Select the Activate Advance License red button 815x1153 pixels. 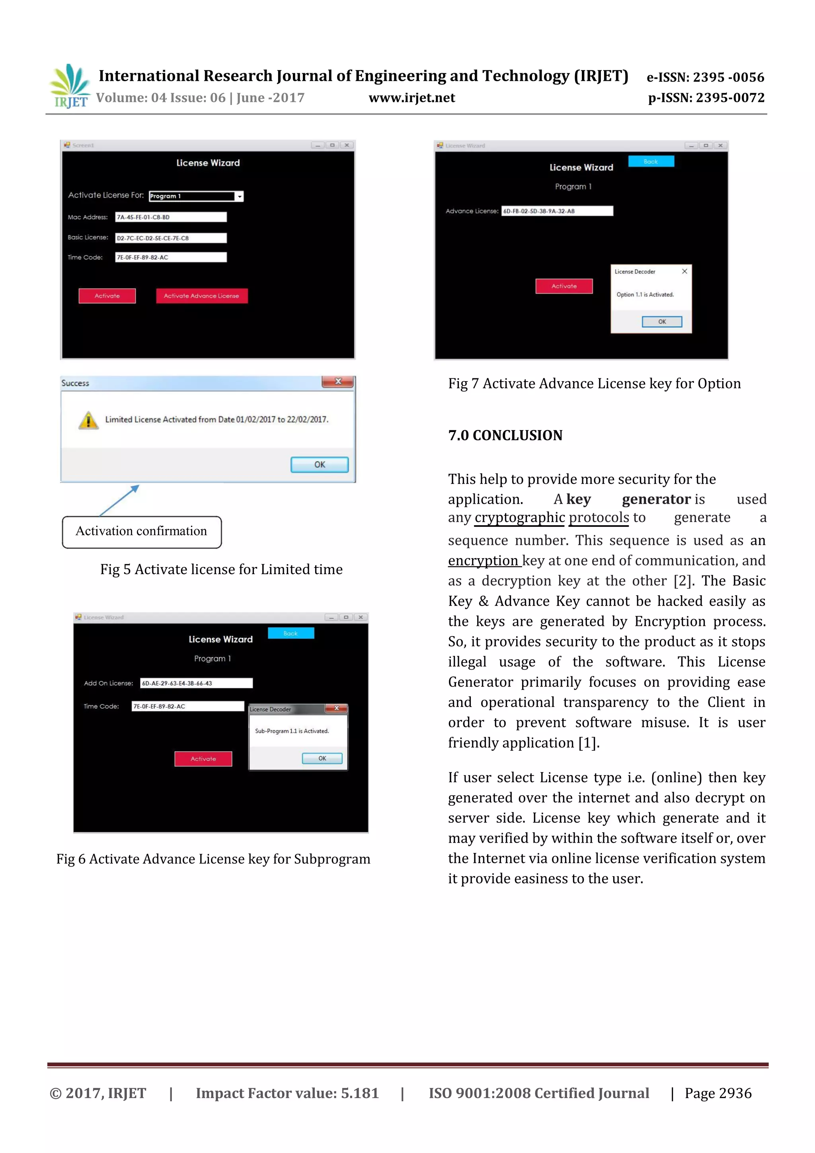[x=201, y=296]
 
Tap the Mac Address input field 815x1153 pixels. [x=171, y=217]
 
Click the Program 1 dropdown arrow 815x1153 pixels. [x=240, y=197]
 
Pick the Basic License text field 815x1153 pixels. [x=171, y=238]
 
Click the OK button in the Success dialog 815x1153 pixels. [x=320, y=465]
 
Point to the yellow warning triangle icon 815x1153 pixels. [x=88, y=420]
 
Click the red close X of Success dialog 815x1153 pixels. [x=338, y=382]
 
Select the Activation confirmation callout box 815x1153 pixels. [x=142, y=532]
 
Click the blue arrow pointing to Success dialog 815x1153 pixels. [x=119, y=500]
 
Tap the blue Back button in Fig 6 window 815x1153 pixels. [x=291, y=633]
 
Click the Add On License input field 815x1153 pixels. [x=196, y=683]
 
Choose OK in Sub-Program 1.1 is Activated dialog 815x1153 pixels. [x=322, y=758]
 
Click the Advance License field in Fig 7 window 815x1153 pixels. [x=557, y=211]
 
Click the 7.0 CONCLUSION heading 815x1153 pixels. [x=505, y=435]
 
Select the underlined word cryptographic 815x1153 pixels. [x=520, y=517]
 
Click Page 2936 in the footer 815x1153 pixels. [x=718, y=1093]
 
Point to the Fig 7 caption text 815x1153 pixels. [x=594, y=384]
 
